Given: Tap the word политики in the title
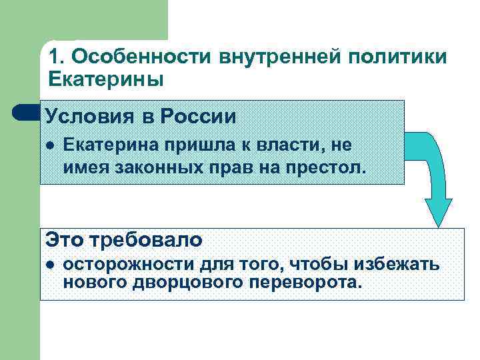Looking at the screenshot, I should coord(407,57).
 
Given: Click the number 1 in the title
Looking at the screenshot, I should coord(54,57).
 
